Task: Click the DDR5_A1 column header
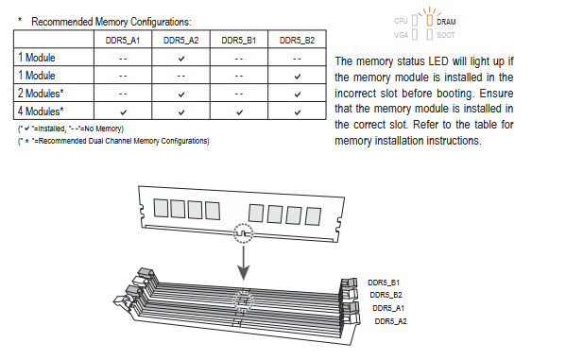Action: point(123,40)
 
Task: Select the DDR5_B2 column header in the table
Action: point(297,40)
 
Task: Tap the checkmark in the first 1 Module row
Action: point(181,59)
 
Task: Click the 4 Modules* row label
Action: point(41,111)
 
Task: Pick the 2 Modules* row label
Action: point(41,94)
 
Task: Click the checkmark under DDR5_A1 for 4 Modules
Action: point(123,112)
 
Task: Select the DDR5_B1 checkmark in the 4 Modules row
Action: point(239,112)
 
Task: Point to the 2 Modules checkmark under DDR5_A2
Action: point(181,94)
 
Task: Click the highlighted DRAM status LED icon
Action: point(429,20)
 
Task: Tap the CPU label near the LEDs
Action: point(401,21)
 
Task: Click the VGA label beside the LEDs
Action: point(401,35)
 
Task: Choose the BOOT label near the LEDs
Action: point(446,35)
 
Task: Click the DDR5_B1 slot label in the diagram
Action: point(384,283)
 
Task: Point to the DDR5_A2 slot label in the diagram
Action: point(390,321)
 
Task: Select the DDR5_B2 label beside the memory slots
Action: point(386,295)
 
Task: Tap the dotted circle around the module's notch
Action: point(243,225)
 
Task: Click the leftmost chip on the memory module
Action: point(161,208)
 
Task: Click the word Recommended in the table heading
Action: point(62,22)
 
